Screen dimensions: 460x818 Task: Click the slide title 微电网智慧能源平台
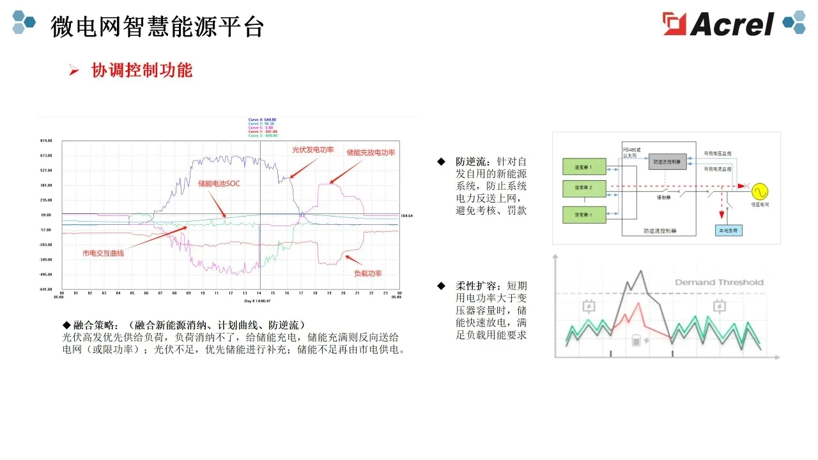tap(157, 27)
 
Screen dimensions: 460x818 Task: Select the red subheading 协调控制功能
tap(142, 70)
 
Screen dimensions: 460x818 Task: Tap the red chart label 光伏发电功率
tap(313, 149)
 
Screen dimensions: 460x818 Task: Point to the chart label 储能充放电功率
tap(371, 153)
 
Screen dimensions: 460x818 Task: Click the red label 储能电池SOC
tap(219, 183)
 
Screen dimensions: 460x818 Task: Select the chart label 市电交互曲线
tap(104, 253)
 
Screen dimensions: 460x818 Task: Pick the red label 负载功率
tap(367, 273)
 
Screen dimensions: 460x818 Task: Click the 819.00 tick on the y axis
tap(45, 141)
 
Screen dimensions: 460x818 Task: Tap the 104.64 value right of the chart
tap(406, 216)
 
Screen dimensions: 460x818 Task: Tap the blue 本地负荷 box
tap(729, 230)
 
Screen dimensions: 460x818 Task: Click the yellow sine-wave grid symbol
tap(760, 190)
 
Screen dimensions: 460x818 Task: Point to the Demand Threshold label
tap(719, 282)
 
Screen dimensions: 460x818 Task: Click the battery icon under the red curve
tap(637, 340)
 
